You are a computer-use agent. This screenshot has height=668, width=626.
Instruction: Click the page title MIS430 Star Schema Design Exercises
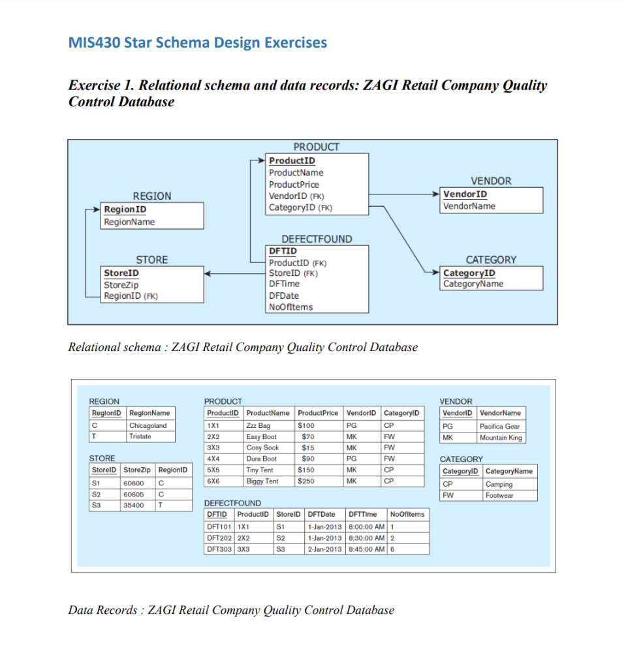tap(198, 44)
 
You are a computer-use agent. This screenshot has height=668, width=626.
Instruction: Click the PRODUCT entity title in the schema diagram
tap(316, 147)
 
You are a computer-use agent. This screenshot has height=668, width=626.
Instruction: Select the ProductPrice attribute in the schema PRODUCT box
tap(294, 185)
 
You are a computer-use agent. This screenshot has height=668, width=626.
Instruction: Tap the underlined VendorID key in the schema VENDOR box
tap(465, 194)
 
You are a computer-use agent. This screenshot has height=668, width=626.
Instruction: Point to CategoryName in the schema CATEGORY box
tap(473, 284)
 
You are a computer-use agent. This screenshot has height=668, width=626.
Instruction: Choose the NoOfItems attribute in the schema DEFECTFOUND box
tap(290, 307)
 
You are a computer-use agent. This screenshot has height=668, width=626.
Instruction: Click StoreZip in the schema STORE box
tap(121, 285)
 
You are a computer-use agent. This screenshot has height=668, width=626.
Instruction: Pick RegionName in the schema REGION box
tap(129, 222)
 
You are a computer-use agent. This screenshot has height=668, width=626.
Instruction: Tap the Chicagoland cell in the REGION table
tap(148, 426)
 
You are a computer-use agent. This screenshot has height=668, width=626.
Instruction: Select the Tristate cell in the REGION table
tap(140, 436)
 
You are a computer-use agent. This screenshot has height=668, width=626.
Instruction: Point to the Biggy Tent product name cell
tap(262, 481)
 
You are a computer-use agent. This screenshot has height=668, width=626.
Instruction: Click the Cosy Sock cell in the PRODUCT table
tap(262, 448)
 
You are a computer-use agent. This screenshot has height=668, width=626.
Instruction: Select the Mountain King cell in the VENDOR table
tap(501, 438)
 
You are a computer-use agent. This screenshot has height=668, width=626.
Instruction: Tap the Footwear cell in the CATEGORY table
tap(499, 496)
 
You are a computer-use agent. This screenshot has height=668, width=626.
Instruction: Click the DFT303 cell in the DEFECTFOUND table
tap(219, 549)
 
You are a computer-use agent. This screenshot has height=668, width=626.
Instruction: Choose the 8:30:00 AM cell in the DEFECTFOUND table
tap(366, 538)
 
